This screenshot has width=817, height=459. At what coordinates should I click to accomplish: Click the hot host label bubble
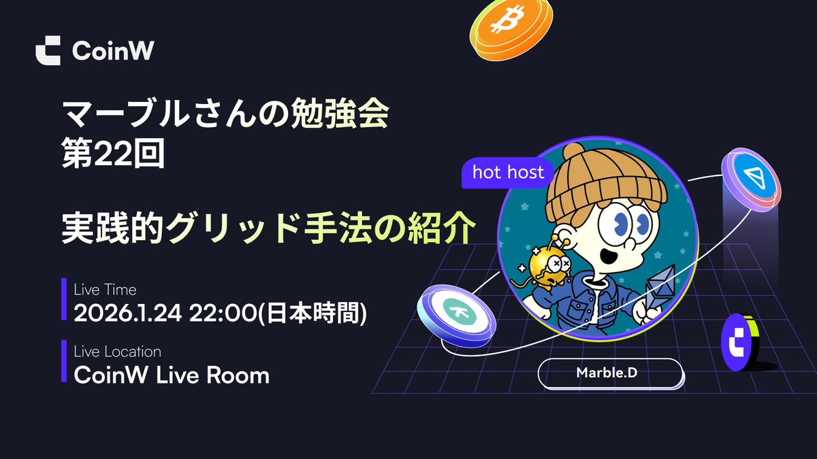pos(508,173)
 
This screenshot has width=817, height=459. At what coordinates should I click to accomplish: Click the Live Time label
pos(105,290)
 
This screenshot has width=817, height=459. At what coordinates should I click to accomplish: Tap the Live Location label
pos(117,352)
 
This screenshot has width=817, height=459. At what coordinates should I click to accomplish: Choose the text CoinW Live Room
pos(171,375)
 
